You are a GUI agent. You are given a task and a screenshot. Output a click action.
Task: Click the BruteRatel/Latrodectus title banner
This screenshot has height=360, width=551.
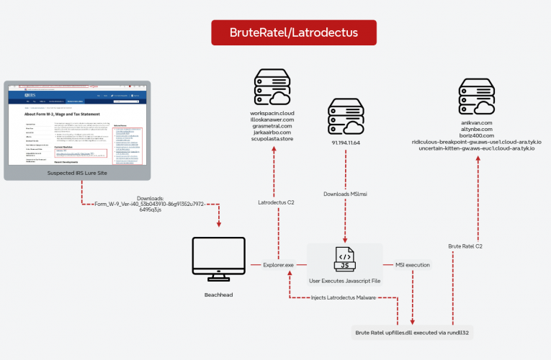(x=293, y=32)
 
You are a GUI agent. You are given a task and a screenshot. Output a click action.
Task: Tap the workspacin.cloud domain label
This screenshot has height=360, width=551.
(x=273, y=113)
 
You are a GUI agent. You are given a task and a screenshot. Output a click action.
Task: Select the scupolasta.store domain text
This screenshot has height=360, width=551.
(x=273, y=140)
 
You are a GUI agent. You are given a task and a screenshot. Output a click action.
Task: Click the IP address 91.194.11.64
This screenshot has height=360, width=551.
(x=346, y=143)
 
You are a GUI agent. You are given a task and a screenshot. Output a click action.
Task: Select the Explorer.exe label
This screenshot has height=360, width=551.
(x=279, y=265)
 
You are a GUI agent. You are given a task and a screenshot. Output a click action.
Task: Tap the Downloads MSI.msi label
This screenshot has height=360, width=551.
(x=346, y=194)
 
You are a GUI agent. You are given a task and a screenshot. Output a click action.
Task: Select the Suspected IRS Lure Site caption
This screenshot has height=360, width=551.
(x=77, y=174)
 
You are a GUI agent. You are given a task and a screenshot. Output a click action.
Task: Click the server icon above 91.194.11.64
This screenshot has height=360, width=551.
(x=346, y=116)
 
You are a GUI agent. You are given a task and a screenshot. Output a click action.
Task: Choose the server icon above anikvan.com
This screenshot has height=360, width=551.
(x=476, y=98)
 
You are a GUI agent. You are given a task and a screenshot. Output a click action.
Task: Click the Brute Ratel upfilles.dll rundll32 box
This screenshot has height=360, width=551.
(x=413, y=333)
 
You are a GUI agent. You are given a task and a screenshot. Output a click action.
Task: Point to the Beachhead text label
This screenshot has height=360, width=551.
(x=217, y=295)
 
